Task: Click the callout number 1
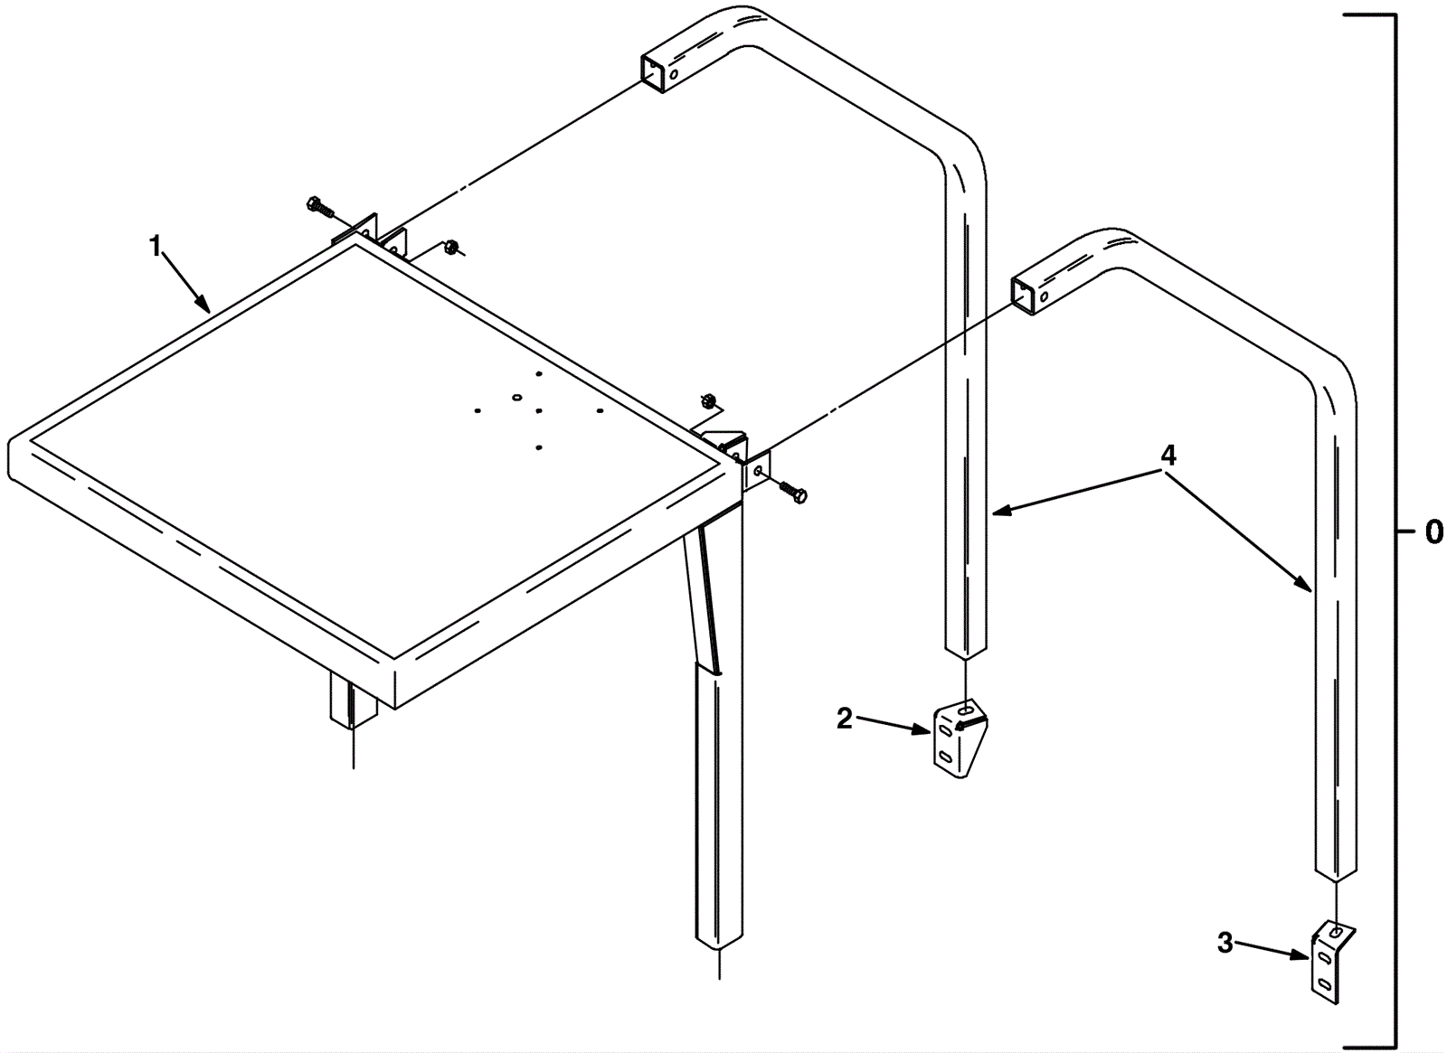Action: coord(155,247)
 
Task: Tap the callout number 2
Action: coord(845,719)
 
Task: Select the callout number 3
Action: coord(1225,944)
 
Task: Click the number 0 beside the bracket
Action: coord(1433,532)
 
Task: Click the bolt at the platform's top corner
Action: coord(320,206)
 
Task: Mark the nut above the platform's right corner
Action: coord(707,400)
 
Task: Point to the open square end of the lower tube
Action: coord(1022,296)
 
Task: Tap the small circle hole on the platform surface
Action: coord(516,397)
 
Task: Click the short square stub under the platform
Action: coord(353,700)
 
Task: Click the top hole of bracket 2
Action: coord(967,710)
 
